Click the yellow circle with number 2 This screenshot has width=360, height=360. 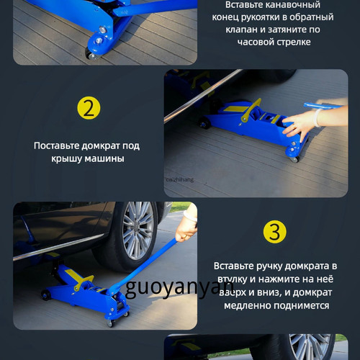[x=89, y=108]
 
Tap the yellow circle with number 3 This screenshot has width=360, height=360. [x=275, y=232]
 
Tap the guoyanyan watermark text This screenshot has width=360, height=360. [x=179, y=288]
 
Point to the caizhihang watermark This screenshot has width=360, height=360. [x=180, y=179]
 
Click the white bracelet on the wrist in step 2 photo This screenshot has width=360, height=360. [x=318, y=117]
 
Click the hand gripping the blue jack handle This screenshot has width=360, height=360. [x=185, y=230]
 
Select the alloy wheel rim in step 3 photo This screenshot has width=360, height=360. [x=138, y=230]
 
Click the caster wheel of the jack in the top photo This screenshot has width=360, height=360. [x=91, y=55]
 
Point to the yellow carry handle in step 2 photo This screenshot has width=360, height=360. [x=251, y=110]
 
